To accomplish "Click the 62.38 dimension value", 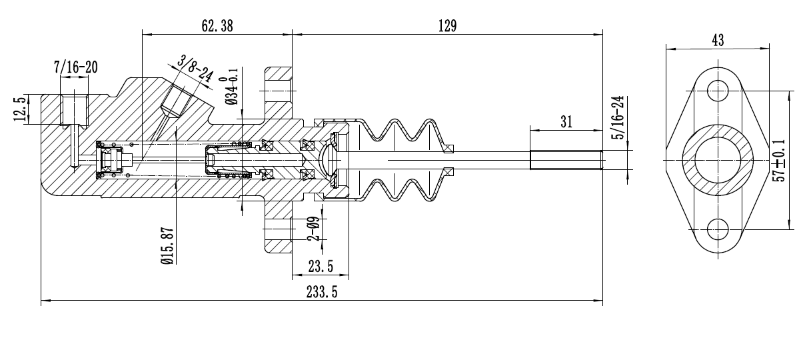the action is [x=217, y=26].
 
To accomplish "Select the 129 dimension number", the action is [x=447, y=26].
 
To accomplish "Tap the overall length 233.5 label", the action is [x=322, y=292].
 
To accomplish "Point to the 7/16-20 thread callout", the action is [x=76, y=67].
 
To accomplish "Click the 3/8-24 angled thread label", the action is [x=195, y=69].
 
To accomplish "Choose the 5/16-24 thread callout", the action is [x=619, y=117].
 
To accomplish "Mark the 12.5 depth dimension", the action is [x=20, y=108].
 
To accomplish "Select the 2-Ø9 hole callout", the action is [x=313, y=229].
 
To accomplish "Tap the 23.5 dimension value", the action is [x=321, y=267].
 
